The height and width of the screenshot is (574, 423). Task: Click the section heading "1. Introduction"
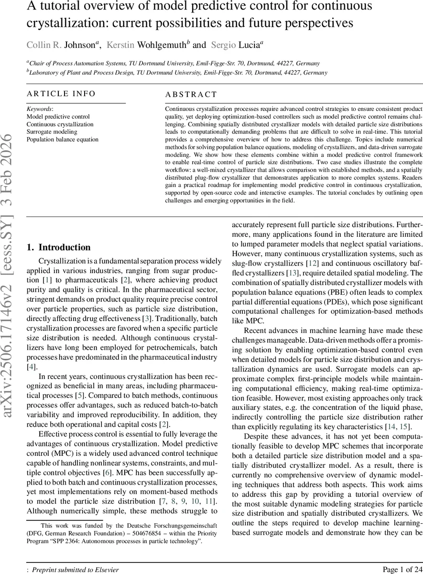pyautogui.click(x=59, y=247)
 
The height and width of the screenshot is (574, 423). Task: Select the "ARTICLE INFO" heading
pyautogui.click(x=61, y=94)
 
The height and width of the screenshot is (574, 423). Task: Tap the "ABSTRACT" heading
pyautogui.click(x=191, y=95)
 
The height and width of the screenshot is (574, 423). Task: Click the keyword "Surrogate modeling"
pyautogui.click(x=52, y=132)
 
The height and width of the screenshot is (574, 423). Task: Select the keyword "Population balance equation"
pyautogui.click(x=63, y=139)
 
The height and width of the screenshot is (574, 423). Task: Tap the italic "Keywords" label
pyautogui.click(x=39, y=109)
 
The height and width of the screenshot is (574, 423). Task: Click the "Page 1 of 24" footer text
pyautogui.click(x=402, y=569)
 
